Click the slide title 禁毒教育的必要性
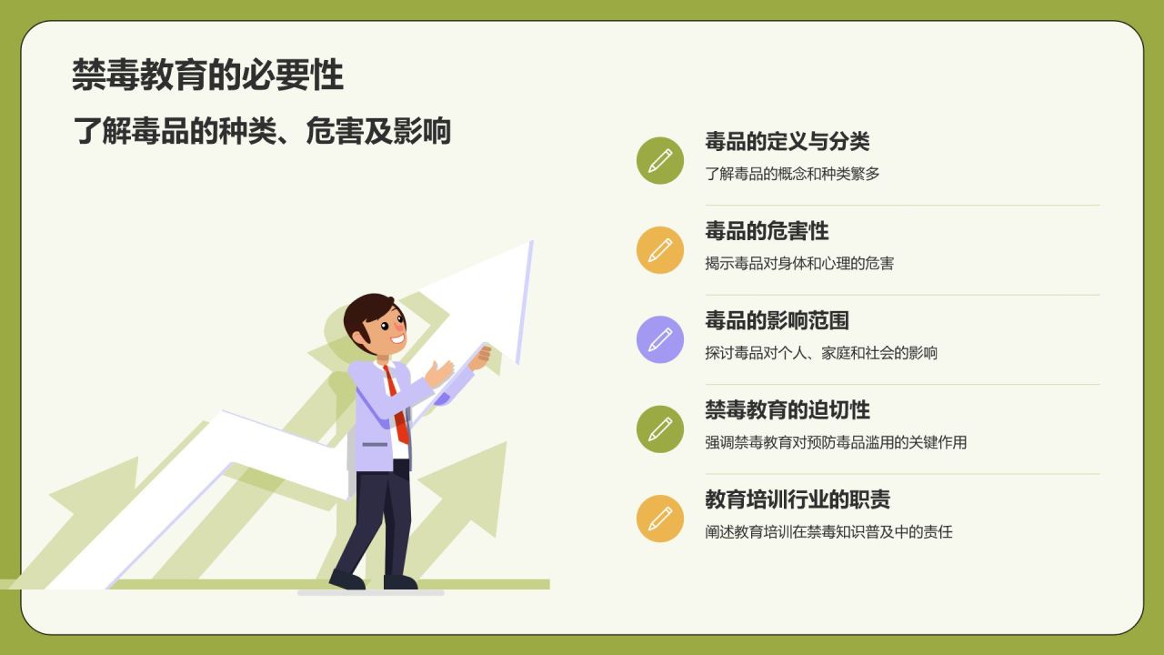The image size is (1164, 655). (x=207, y=76)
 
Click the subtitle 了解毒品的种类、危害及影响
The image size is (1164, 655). (x=262, y=131)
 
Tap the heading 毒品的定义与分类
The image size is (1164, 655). (x=787, y=141)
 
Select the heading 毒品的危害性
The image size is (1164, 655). (x=767, y=231)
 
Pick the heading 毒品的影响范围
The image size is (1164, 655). (x=777, y=320)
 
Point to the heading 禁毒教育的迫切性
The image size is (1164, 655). (x=787, y=410)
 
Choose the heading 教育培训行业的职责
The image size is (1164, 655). (x=797, y=499)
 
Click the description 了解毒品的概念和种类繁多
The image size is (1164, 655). (x=792, y=174)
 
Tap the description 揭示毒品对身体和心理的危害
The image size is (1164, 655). (x=799, y=264)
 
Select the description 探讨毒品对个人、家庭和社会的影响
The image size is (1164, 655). (x=821, y=353)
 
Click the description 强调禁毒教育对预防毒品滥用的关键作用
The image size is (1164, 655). (x=836, y=443)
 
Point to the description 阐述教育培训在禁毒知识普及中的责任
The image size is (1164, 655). (x=828, y=532)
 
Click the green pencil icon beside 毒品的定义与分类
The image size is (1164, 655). (x=660, y=161)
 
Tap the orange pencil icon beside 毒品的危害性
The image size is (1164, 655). (x=660, y=250)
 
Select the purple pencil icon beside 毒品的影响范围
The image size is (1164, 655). (x=660, y=339)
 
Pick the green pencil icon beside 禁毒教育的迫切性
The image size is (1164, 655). (x=660, y=429)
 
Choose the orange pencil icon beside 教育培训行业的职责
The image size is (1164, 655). (x=660, y=519)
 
